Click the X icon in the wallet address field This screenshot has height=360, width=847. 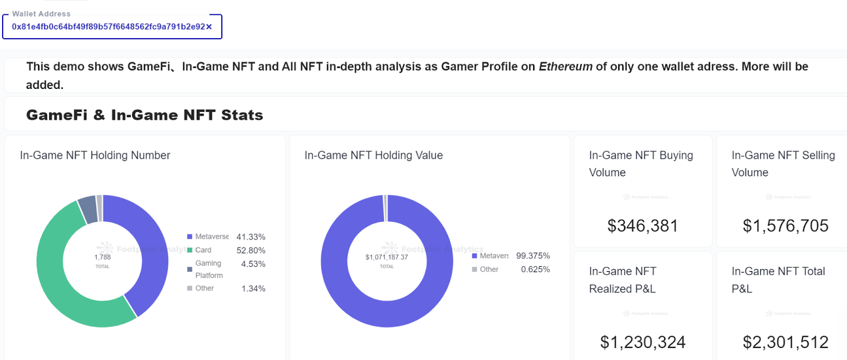coord(209,27)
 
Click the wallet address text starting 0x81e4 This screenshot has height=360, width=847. coord(108,27)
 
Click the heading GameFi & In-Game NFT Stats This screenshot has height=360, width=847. coord(145,115)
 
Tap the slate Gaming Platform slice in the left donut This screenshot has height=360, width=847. coord(88,210)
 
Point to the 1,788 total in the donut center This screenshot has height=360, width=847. coord(103,257)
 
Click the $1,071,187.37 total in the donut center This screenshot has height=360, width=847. coord(386,257)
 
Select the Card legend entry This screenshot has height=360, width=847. coord(203,250)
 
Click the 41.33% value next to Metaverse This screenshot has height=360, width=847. coord(251,237)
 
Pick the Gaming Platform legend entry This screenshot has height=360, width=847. coord(209,269)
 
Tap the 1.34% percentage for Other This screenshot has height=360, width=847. coord(254,289)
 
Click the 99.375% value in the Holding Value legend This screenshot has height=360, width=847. coord(533,256)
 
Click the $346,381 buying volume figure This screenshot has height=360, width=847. coord(643,226)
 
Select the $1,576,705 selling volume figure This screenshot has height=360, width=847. coord(786,226)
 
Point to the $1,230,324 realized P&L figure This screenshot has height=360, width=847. coord(643,343)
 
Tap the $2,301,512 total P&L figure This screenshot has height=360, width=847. coord(786,343)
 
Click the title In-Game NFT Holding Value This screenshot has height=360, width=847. coord(373,155)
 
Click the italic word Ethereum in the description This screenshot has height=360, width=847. coord(565,67)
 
